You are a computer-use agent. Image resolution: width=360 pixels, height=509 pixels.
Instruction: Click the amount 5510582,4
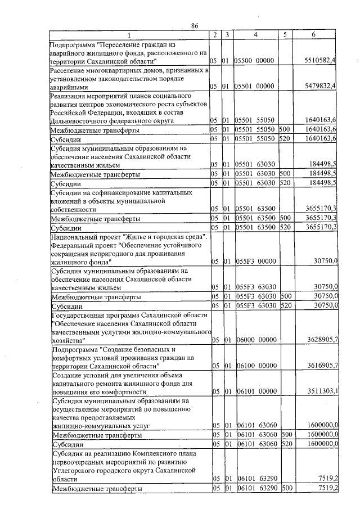[320, 60]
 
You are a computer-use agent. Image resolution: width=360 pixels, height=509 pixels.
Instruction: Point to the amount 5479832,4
[320, 86]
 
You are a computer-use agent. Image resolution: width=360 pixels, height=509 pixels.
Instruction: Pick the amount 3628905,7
[320, 340]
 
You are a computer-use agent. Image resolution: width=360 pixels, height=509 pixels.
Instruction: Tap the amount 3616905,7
[320, 365]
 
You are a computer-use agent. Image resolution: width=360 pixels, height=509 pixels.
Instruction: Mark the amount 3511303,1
[320, 391]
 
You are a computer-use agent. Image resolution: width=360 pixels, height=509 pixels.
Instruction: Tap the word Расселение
[69, 70]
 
